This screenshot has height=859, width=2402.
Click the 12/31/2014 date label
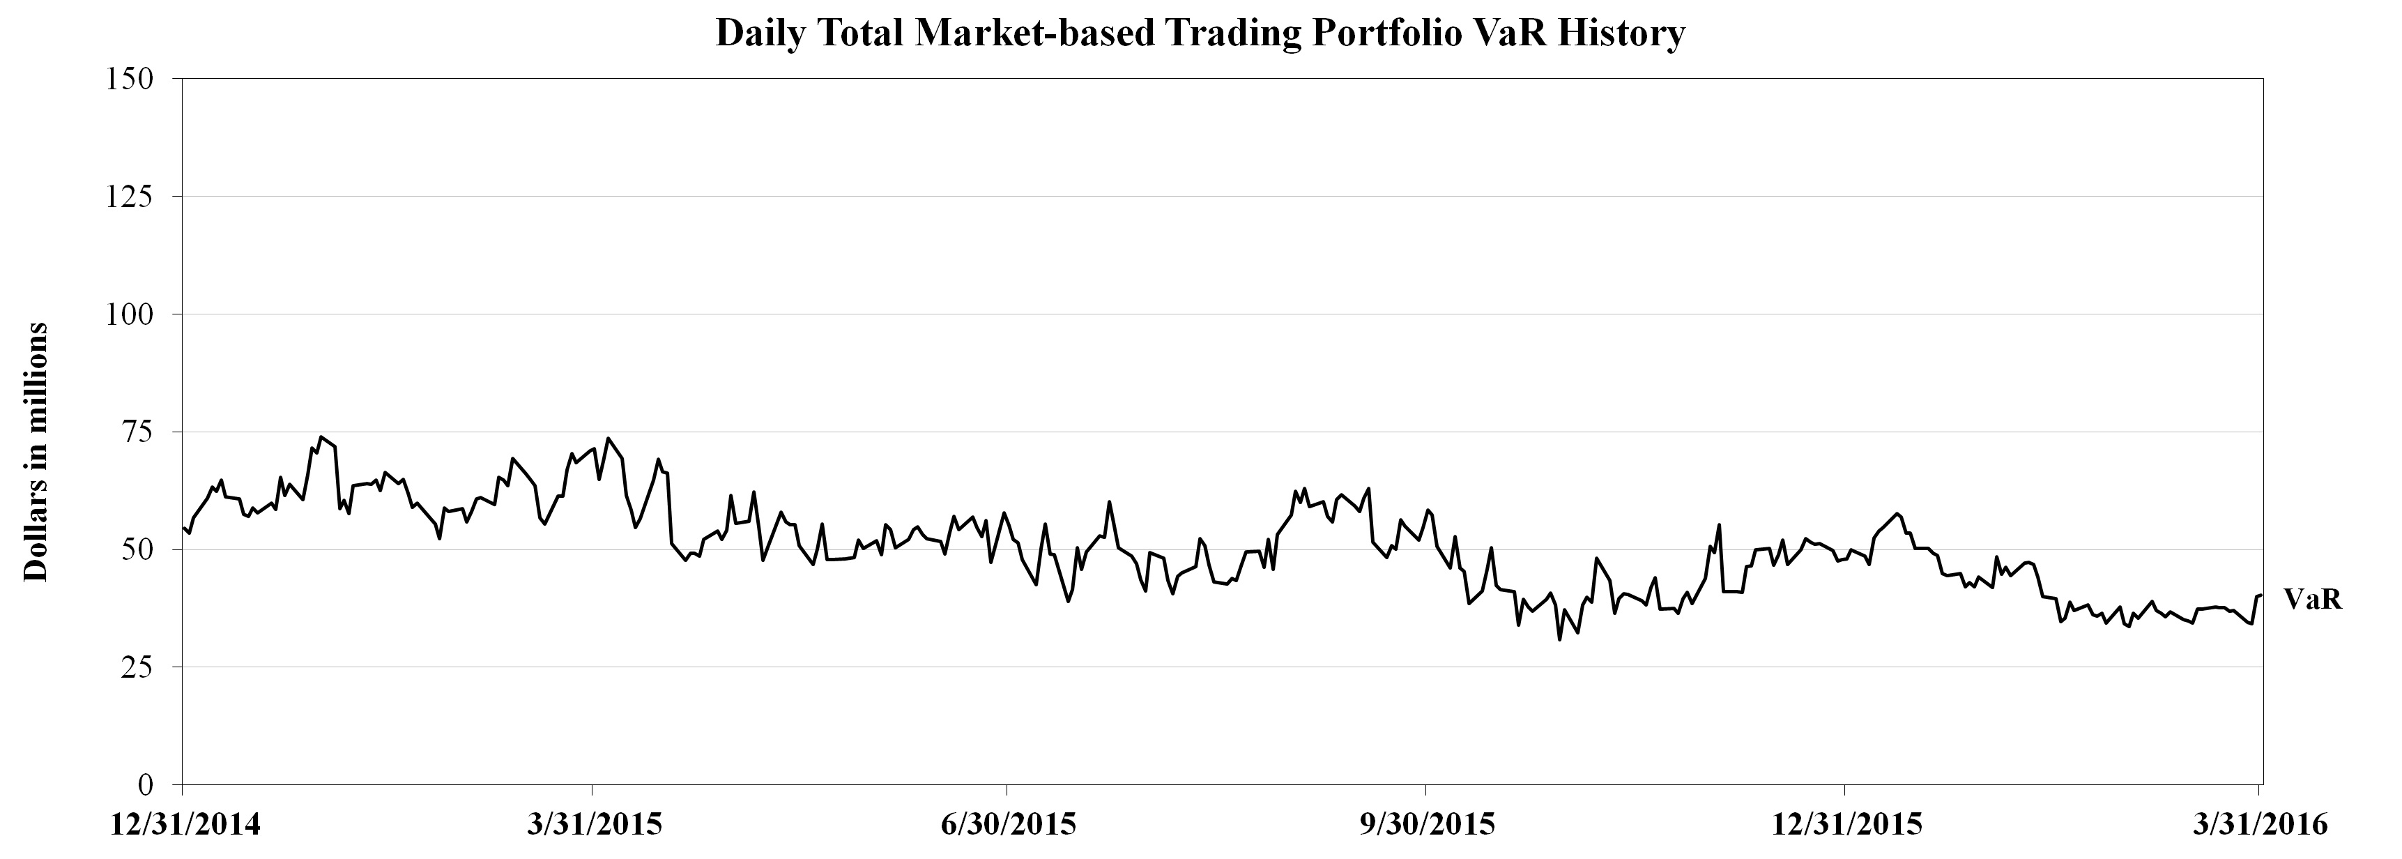coord(185,826)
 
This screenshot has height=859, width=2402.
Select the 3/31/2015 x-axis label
coord(594,826)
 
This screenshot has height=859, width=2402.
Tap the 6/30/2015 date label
coord(1008,826)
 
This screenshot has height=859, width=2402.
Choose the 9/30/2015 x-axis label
coord(1427,826)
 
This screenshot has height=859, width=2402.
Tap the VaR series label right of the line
coord(2313,600)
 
